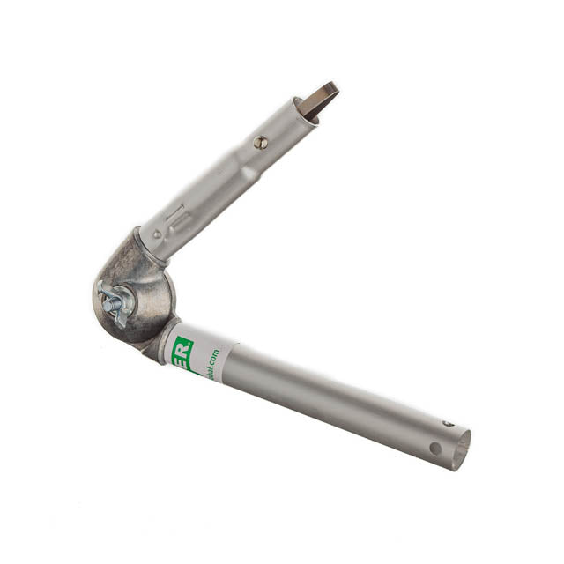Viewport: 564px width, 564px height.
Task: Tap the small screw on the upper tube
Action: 260,142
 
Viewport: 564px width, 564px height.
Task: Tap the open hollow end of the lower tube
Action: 461,448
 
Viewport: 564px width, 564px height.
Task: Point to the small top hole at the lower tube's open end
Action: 448,425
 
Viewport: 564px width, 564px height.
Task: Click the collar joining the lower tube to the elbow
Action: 162,340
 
